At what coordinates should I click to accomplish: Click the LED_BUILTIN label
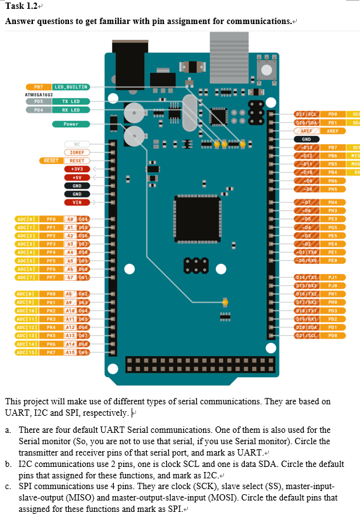[71, 86]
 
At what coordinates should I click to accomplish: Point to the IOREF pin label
[77, 152]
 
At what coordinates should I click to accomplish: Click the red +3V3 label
[77, 169]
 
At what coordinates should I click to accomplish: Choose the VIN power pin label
[77, 202]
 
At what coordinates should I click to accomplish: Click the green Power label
[71, 124]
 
